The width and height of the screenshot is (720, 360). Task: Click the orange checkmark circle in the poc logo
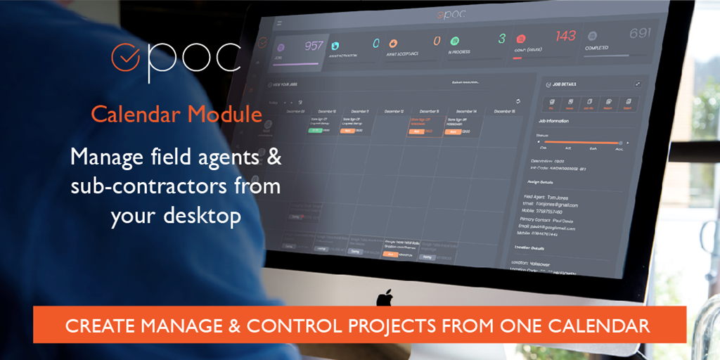125,58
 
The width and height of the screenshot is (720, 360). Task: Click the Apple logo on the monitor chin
384,298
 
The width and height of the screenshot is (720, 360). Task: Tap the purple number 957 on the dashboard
314,46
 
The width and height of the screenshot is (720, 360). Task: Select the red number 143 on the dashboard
565,35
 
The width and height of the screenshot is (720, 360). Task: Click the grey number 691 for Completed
639,32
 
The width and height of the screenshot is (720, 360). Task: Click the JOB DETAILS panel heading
565,84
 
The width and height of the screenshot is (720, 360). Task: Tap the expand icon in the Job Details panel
638,84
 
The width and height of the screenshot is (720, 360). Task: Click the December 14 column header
465,111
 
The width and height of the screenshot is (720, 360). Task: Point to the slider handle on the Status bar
619,143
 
